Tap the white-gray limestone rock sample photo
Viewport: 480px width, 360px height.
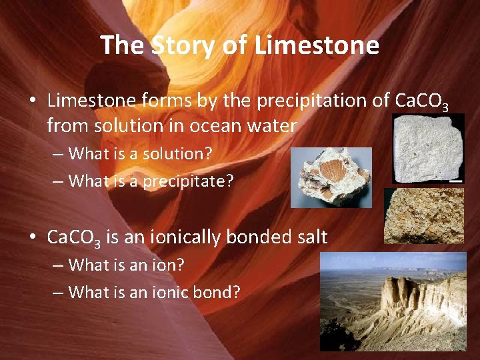click(x=427, y=149)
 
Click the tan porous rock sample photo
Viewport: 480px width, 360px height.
click(x=424, y=215)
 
